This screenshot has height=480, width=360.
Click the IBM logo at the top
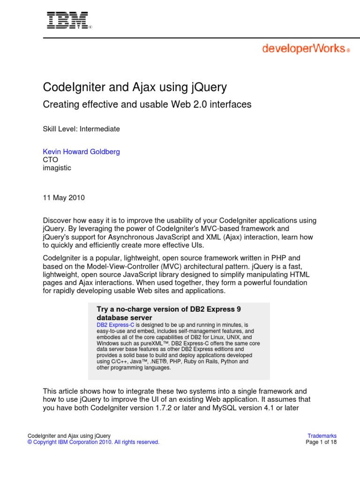[67, 21]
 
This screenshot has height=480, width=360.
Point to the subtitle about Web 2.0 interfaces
[147, 105]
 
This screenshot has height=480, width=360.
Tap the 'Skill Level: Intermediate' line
[82, 129]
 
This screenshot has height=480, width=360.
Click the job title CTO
[51, 160]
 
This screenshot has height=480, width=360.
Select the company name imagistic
[57, 168]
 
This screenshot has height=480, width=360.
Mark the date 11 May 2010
[64, 197]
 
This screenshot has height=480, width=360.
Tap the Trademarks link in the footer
[322, 435]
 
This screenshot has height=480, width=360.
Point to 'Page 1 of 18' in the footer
[321, 442]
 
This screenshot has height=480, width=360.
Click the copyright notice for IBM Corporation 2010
[94, 442]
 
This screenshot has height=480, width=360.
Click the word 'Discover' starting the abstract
[57, 220]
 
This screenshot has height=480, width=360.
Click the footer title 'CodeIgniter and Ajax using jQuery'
[69, 435]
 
